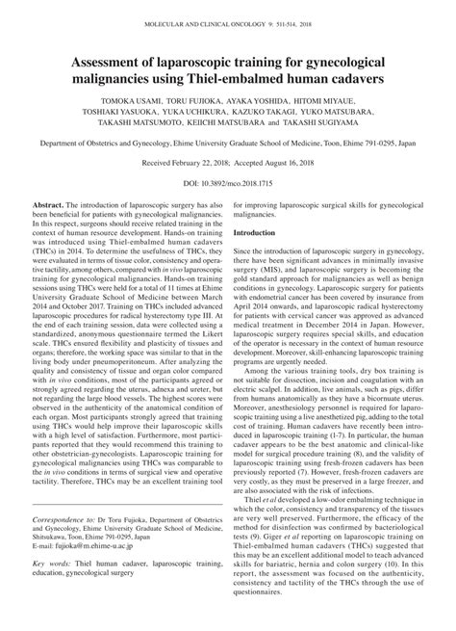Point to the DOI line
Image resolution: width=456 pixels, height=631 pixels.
[228, 207]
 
